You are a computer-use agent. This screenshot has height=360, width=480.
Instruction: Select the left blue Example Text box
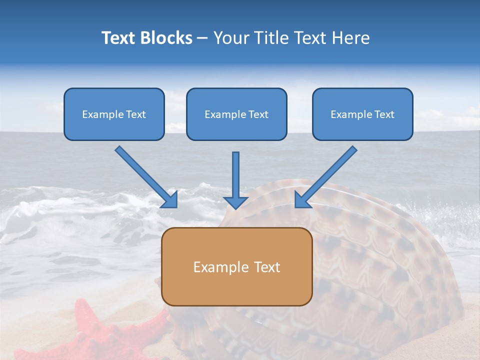[x=114, y=114]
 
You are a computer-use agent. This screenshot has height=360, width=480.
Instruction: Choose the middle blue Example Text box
[x=236, y=114]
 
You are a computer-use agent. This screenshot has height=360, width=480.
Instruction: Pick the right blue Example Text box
[x=362, y=114]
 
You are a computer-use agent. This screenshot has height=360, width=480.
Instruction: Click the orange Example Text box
[x=237, y=267]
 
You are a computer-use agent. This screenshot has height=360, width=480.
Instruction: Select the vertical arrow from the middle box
[x=235, y=175]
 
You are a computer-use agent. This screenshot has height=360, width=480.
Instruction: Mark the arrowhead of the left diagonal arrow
[x=170, y=200]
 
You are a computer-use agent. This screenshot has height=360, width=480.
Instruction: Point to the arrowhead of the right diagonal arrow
[x=302, y=199]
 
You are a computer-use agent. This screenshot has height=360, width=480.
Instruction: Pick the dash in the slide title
[x=202, y=38]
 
